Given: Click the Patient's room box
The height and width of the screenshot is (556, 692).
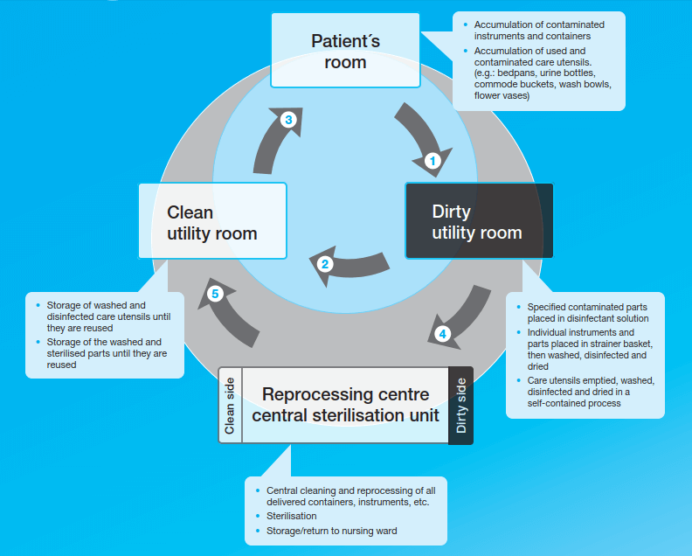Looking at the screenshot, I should [339, 51].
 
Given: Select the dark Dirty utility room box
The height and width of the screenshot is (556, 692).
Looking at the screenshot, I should [478, 221].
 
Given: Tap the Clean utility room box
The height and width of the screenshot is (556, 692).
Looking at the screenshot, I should [212, 221].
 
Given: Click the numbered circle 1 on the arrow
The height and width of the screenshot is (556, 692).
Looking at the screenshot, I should [431, 161].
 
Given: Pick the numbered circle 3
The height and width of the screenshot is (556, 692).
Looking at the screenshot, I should [288, 121].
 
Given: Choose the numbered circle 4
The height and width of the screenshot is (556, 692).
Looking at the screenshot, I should [443, 334].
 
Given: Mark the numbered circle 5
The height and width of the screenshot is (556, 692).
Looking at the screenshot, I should [215, 294].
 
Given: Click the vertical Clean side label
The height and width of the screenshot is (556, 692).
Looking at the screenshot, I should [230, 406].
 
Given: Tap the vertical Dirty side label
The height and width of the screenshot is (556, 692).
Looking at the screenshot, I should [461, 406].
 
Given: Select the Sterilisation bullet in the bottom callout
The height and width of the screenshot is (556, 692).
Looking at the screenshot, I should [292, 516].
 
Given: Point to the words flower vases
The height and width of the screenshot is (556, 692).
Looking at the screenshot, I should [502, 95].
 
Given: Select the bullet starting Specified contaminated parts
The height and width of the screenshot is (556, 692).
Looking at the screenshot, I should [587, 312].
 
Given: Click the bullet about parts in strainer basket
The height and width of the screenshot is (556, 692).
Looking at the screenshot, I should [587, 350].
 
